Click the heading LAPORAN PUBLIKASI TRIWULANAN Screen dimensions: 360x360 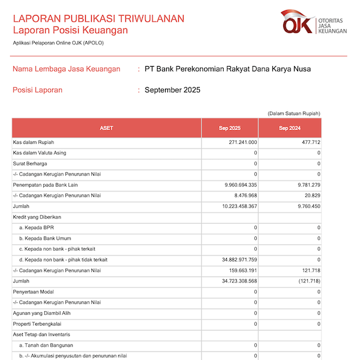point(98,19)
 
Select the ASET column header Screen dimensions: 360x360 point(107,128)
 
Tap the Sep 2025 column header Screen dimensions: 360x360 point(229,128)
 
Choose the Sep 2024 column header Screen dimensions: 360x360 point(290,128)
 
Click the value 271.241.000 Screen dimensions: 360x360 point(239,142)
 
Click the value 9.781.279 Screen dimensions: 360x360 point(307,185)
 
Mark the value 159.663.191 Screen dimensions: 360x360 point(239,271)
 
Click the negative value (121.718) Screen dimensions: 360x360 point(307,281)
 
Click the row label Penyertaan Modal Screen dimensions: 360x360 point(34,292)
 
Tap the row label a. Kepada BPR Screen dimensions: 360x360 point(37,228)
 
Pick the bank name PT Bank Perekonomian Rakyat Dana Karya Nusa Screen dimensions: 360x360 point(228,69)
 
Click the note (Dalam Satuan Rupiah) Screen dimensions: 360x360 point(294,113)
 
